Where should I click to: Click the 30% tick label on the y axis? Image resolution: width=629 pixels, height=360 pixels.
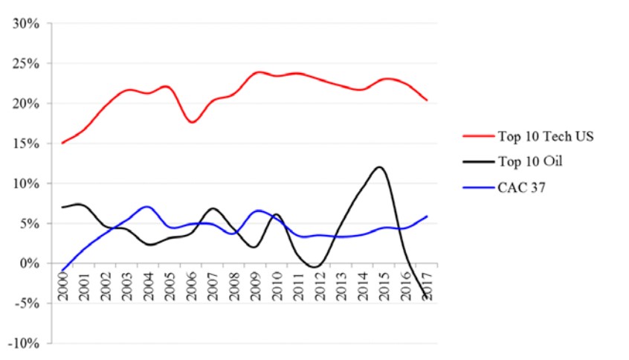click(26, 23)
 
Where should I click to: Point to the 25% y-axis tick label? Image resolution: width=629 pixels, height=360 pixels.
click(26, 63)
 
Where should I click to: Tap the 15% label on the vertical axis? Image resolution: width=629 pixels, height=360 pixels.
click(26, 144)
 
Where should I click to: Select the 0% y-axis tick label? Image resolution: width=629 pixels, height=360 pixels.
click(29, 263)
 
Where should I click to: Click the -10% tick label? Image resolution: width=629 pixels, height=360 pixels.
click(24, 344)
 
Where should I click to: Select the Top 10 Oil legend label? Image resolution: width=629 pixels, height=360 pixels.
click(527, 161)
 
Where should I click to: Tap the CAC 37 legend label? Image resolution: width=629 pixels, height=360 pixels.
click(521, 187)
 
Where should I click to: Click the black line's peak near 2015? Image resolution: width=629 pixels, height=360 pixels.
click(381, 167)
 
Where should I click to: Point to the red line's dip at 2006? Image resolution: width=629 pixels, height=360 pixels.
click(192, 122)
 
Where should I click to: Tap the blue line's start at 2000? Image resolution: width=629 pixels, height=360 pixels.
click(62, 271)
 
